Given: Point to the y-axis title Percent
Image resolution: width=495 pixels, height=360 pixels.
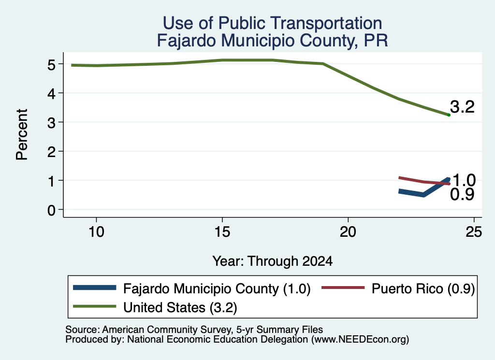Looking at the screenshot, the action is pos(22,135).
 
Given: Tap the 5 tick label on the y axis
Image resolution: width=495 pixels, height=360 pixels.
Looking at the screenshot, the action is pos(51,65).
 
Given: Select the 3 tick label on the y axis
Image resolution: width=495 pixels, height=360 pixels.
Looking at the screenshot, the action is pos(51,123).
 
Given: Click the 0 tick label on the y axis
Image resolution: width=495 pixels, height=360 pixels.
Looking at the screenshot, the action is pos(51,210).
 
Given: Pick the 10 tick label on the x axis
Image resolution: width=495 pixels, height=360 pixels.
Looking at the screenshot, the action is pos(96,232).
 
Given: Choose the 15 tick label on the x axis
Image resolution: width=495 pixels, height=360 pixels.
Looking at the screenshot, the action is pos(222,232).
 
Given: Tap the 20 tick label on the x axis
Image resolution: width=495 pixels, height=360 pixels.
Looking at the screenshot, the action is pos(348,232).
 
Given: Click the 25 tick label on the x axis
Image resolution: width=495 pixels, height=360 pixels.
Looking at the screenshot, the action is pos(474,232).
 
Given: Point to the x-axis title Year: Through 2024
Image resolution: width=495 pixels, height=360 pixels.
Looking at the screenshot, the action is pos(273,261).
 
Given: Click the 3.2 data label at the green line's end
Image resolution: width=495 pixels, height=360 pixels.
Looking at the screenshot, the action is pos(462,107).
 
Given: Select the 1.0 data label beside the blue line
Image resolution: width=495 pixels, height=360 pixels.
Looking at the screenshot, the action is pos(464,180).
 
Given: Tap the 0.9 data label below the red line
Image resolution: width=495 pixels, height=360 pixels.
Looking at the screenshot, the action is pos(462,194).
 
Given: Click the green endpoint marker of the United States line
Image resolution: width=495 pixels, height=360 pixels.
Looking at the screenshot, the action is pos(449,115).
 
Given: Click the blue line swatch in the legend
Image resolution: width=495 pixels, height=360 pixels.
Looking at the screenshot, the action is pos(95,288).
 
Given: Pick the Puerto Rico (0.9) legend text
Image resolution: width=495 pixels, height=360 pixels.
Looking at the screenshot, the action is pos(423,288).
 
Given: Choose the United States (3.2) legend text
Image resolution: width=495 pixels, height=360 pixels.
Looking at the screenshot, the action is pos(180,307).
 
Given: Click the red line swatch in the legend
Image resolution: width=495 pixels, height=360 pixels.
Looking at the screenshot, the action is pos(343,288).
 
